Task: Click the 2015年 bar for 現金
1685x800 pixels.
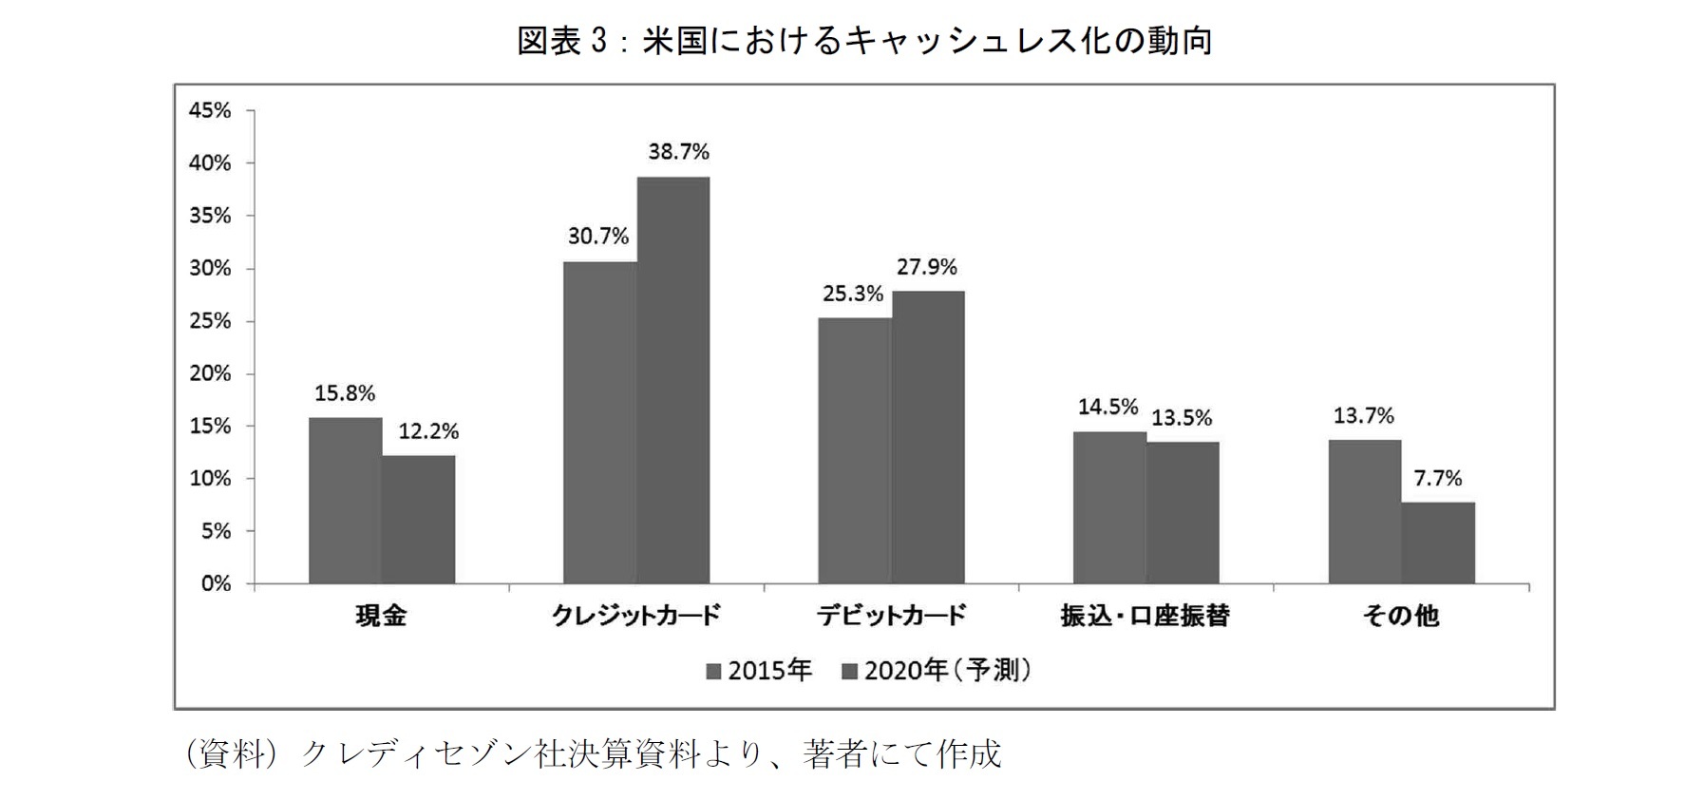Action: click(x=345, y=501)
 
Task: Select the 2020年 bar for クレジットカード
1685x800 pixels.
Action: click(x=672, y=380)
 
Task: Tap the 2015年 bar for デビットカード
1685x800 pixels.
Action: click(x=854, y=450)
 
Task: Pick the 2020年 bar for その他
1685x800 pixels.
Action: click(x=1438, y=543)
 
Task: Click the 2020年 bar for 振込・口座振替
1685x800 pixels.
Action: click(x=1183, y=512)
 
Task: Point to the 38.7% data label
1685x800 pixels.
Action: click(x=678, y=152)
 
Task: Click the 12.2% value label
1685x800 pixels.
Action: click(x=428, y=432)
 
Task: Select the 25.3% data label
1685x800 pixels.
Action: click(x=853, y=295)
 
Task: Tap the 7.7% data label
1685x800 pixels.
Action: click(x=1438, y=479)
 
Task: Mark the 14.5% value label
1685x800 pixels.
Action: click(x=1108, y=408)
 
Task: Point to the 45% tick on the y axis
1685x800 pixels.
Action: click(x=210, y=111)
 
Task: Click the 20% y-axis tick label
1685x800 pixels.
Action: click(x=210, y=373)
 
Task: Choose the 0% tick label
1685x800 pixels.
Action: click(x=216, y=583)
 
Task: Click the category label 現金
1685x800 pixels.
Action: click(x=381, y=617)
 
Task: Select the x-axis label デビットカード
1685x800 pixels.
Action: click(x=891, y=617)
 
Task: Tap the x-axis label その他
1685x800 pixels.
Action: click(x=1401, y=617)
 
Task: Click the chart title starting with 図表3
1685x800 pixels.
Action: click(x=864, y=41)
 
